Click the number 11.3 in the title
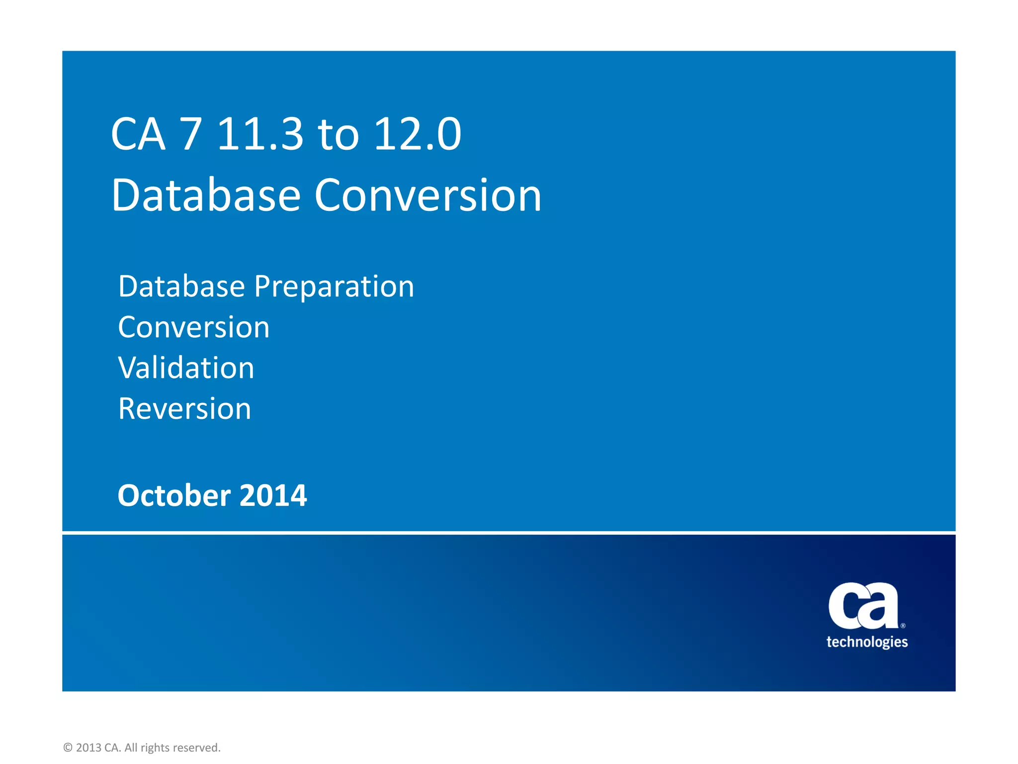click(260, 134)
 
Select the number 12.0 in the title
click(418, 134)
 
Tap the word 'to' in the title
click(339, 135)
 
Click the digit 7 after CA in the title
click(191, 134)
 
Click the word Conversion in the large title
click(427, 195)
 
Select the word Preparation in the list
click(334, 287)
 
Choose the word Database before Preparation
click(182, 286)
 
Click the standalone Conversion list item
click(194, 327)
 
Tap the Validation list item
click(186, 368)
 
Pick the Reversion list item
click(185, 409)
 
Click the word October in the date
click(174, 496)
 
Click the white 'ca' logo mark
click(863, 606)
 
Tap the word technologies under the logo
click(867, 642)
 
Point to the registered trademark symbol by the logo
click(903, 626)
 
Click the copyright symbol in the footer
click(68, 748)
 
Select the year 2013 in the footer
click(88, 748)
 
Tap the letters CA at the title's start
click(138, 134)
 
